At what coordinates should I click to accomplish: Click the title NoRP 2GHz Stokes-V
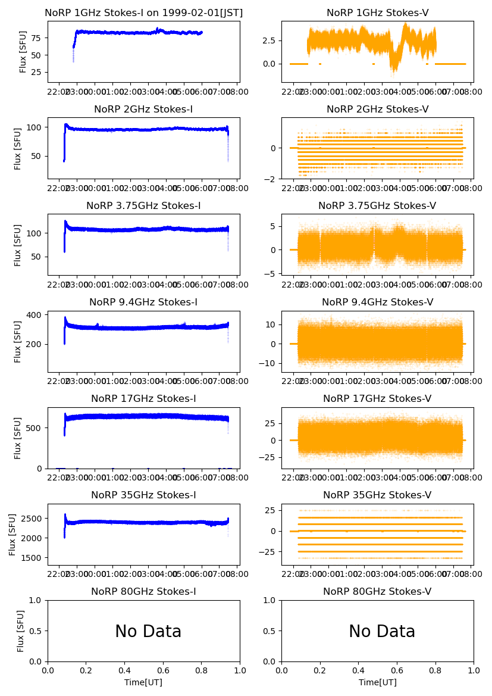point(377,110)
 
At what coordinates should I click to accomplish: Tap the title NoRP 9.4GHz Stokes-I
point(143,302)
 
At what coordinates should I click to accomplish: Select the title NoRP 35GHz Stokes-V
point(377,495)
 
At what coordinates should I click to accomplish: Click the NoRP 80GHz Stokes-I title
point(143,592)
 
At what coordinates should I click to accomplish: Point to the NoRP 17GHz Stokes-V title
point(377,399)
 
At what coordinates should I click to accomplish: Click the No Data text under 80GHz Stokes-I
point(148,632)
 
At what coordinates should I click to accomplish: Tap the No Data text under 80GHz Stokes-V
point(382,632)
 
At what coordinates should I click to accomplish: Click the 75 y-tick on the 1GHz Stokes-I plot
point(36,38)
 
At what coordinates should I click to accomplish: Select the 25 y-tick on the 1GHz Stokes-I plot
point(36,73)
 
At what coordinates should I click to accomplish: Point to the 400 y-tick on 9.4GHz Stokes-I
point(33,314)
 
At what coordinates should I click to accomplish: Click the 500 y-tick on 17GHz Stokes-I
point(33,428)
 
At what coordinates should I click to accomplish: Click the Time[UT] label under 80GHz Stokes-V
point(377,682)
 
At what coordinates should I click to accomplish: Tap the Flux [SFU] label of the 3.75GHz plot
point(18,245)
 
